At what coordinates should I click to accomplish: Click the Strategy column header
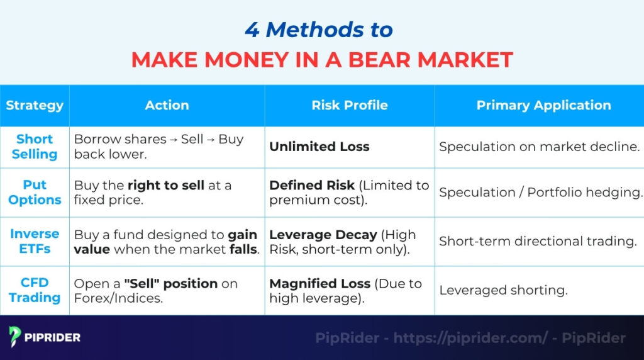(x=35, y=105)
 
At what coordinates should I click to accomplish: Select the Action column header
(x=167, y=105)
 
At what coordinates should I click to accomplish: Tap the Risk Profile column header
(x=350, y=105)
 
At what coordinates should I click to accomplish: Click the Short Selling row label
(x=35, y=147)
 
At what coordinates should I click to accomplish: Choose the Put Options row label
(x=35, y=192)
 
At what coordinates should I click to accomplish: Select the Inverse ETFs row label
(x=35, y=241)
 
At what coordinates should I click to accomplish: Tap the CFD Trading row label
(x=35, y=290)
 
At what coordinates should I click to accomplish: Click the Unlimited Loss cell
(x=319, y=147)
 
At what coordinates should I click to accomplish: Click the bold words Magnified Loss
(x=320, y=283)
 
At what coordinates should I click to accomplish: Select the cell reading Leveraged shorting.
(x=503, y=290)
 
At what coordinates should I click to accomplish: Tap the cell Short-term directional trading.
(x=538, y=241)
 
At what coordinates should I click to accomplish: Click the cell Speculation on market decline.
(x=539, y=147)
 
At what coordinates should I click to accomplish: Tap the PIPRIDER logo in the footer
(x=45, y=337)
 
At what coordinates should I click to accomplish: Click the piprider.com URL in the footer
(x=470, y=338)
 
